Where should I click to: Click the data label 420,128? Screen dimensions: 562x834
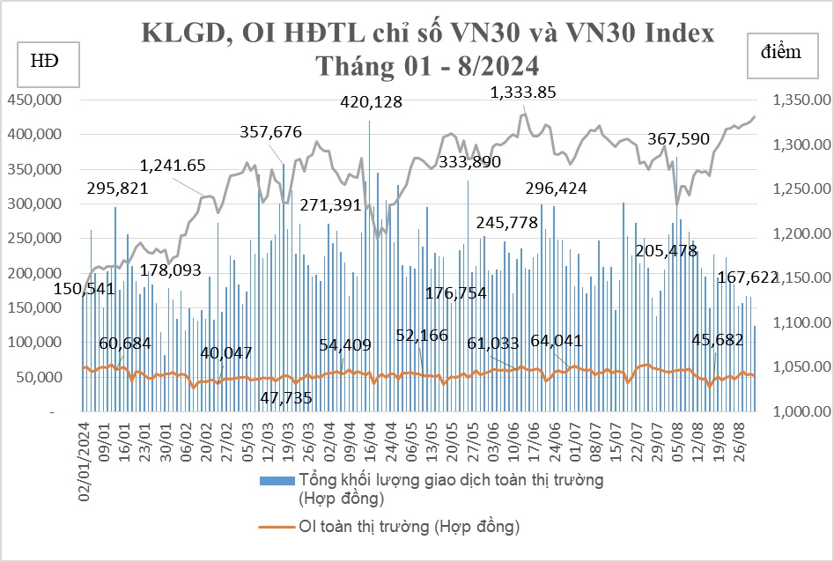coord(372,102)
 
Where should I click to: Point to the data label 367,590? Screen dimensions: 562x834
coord(678,139)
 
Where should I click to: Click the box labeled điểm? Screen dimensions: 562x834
coord(781,52)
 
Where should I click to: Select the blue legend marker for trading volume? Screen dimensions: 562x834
coord(277,481)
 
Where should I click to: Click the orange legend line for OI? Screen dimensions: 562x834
coord(277,528)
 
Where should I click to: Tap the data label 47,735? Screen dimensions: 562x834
coord(287,397)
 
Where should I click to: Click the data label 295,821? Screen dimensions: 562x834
coord(117,188)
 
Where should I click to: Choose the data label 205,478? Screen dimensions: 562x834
coord(670,251)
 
